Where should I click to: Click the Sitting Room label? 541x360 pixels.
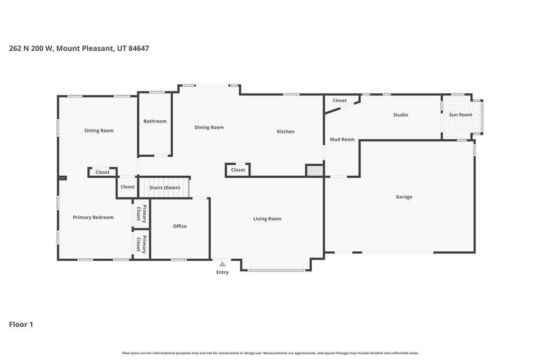tap(99, 130)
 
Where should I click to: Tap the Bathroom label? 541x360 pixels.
tap(155, 121)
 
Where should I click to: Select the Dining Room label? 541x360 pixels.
tap(209, 127)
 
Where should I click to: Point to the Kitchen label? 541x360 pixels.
tap(286, 131)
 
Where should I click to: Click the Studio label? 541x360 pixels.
tap(400, 115)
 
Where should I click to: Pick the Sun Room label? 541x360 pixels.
tap(461, 115)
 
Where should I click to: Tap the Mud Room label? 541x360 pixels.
tap(342, 139)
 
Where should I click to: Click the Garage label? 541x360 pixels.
tap(404, 197)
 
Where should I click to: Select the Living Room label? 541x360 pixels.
tap(267, 219)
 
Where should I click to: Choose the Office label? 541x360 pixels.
tap(180, 226)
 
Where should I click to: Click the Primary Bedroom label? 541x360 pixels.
tap(93, 217)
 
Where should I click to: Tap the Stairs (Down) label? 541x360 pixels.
tap(164, 187)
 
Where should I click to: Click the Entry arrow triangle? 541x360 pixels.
tap(222, 264)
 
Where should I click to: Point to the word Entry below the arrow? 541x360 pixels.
tap(222, 272)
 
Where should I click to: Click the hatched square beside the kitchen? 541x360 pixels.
tap(315, 170)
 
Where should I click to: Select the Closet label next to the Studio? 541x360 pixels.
tap(340, 100)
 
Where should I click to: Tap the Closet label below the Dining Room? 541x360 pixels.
tap(238, 170)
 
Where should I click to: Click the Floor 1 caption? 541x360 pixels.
tap(21, 325)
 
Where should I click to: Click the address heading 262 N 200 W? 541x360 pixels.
tap(79, 48)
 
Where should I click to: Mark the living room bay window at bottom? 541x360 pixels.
tap(276, 270)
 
